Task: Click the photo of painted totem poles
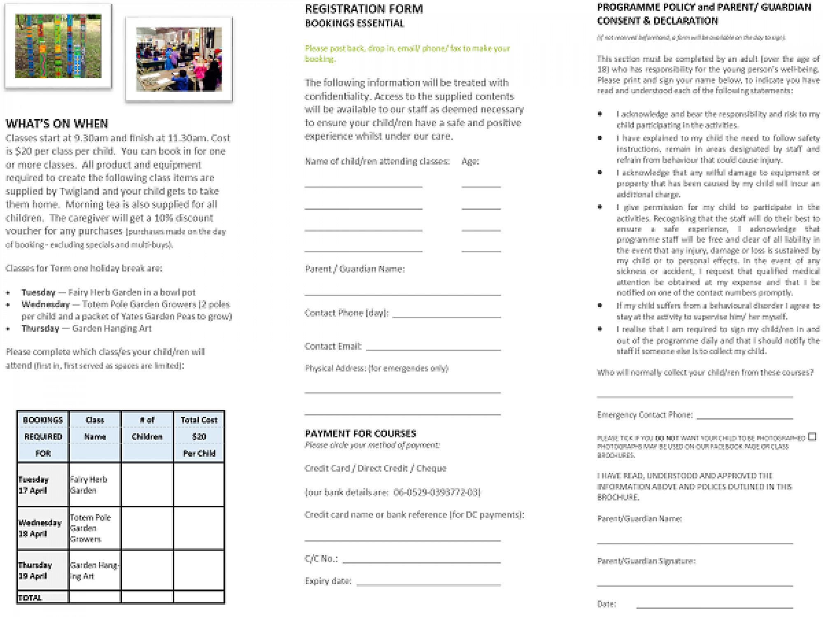coord(58,46)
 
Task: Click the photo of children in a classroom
coord(179,59)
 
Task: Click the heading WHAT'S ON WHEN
coord(57,124)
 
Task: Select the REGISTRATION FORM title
coord(364,9)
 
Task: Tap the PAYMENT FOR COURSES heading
coord(360,434)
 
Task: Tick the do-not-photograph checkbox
coord(812,437)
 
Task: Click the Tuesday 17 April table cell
coord(42,485)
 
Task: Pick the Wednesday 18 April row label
coord(42,528)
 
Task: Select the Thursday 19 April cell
coord(42,570)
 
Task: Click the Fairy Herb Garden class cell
coord(95,485)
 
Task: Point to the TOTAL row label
coord(42,598)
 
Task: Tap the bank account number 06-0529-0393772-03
coord(437,492)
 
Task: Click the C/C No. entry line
coord(421,561)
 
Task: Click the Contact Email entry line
coord(433,349)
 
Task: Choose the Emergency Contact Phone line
coord(744,418)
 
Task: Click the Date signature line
coord(714,606)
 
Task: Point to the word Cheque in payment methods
coord(431,469)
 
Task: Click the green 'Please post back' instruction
coord(407,53)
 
